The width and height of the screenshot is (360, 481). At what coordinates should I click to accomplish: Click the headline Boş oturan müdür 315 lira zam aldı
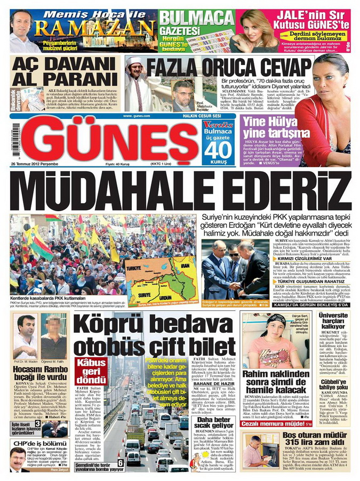pyautogui.click(x=307, y=441)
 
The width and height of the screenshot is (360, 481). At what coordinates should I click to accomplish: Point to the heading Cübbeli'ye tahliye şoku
pyautogui.click(x=334, y=384)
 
